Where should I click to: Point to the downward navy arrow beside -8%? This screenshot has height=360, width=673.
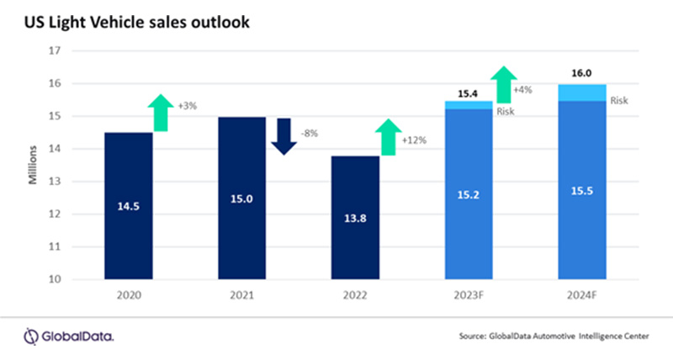click(284, 136)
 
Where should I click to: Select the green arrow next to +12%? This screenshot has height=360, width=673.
click(388, 137)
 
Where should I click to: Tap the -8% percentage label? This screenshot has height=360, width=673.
click(311, 133)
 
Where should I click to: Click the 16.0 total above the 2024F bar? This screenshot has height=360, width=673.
click(582, 74)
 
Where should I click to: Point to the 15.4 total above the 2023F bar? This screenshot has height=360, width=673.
click(469, 94)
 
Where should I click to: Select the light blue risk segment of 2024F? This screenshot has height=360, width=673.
click(582, 93)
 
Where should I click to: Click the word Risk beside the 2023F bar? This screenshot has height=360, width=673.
click(506, 112)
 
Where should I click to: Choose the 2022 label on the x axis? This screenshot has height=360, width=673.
click(355, 295)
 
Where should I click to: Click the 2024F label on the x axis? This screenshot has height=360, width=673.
click(582, 295)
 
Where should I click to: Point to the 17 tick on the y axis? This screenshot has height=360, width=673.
click(56, 50)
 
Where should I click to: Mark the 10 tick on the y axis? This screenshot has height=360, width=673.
click(56, 279)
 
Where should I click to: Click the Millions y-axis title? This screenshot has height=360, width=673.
click(31, 165)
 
